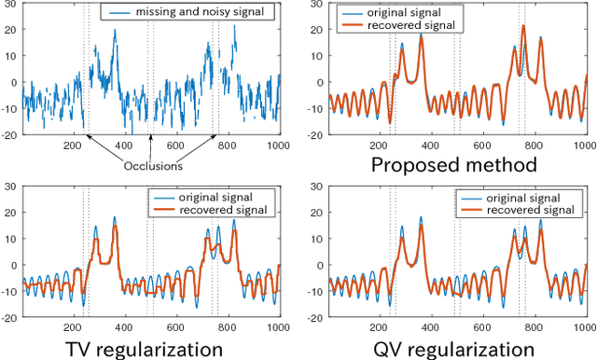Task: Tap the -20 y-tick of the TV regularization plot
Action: coord(10,318)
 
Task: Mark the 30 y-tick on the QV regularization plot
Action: coord(318,187)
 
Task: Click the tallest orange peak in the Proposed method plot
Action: coord(523,26)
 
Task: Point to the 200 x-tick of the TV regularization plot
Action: coord(76,328)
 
